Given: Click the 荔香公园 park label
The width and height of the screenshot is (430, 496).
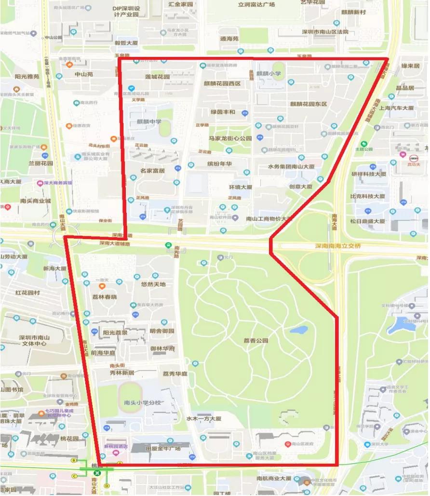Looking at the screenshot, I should click(x=255, y=341).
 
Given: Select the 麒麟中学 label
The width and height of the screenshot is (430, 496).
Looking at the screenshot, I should click(x=149, y=121).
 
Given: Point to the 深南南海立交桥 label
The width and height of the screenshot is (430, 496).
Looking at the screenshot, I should click(x=338, y=246).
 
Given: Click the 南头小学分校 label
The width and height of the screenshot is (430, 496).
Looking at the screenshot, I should click(x=142, y=402).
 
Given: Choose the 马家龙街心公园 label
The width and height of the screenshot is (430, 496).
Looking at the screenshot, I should click(x=230, y=138).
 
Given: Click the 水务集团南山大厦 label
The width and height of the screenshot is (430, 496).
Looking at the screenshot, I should click(x=291, y=166).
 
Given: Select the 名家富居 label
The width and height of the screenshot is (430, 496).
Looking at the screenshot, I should click(x=153, y=171).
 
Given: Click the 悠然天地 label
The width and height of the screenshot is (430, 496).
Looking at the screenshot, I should click(x=153, y=284).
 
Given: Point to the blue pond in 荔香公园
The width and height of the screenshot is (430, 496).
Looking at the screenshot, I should click(x=299, y=331).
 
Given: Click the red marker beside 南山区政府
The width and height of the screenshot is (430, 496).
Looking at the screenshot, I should click(x=288, y=443).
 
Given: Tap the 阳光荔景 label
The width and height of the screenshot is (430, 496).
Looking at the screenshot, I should click(x=115, y=333).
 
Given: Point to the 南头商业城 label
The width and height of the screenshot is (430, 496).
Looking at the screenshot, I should click(x=36, y=201).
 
